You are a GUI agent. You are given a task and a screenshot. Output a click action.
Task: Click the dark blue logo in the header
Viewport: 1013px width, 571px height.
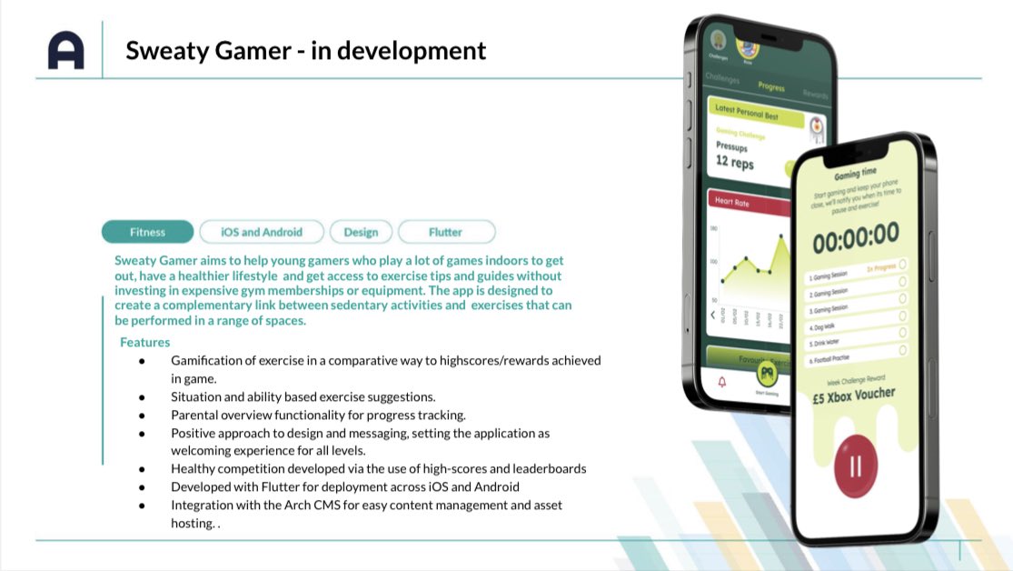click(65, 50)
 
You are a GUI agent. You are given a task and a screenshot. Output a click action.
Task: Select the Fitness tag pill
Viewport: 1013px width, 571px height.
click(147, 232)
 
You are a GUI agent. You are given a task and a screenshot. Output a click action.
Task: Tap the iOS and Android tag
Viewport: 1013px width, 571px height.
click(262, 232)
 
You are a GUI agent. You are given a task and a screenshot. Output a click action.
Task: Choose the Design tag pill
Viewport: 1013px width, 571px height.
click(361, 232)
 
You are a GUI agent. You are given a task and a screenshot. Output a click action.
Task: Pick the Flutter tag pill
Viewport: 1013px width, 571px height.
click(445, 232)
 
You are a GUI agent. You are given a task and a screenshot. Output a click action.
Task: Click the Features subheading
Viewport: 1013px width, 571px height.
click(144, 343)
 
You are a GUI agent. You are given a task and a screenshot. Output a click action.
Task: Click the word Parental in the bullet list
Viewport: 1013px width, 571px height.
click(196, 415)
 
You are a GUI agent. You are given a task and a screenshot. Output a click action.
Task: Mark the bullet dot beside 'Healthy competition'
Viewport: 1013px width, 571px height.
click(142, 469)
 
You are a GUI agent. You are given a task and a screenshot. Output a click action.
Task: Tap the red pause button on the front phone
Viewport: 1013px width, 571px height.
click(855, 466)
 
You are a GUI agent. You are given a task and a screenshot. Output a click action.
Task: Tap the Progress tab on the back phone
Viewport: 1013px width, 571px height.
click(770, 87)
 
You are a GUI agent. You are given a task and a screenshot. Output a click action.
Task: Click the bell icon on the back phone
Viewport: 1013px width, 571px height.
click(722, 382)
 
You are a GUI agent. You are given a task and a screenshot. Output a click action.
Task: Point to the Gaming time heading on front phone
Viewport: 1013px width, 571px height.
click(855, 173)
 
